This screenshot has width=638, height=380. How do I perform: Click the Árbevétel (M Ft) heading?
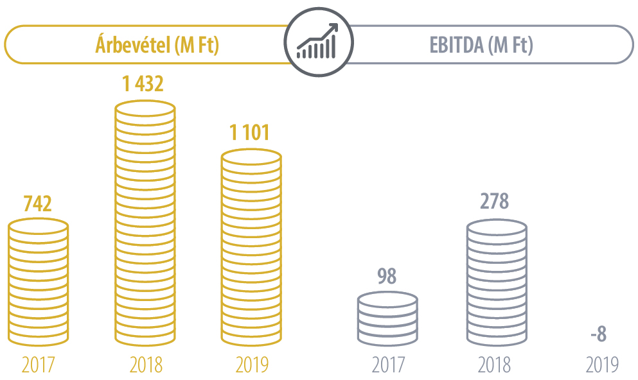(157, 45)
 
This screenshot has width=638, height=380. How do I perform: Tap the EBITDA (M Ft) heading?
(481, 45)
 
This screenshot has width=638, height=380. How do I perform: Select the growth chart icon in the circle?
(318, 43)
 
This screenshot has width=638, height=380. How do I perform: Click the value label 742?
(37, 203)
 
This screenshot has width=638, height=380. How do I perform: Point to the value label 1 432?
(144, 85)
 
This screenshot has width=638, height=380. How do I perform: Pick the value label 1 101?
(250, 134)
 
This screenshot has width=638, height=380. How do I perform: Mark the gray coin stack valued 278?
(496, 281)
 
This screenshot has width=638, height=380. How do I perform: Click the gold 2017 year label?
(38, 365)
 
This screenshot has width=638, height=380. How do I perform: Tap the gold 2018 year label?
(146, 365)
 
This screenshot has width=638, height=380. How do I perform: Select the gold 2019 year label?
(251, 365)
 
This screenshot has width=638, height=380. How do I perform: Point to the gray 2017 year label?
(388, 365)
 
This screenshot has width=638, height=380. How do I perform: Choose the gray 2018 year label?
(495, 365)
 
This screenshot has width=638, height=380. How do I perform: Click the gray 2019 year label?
(602, 365)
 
